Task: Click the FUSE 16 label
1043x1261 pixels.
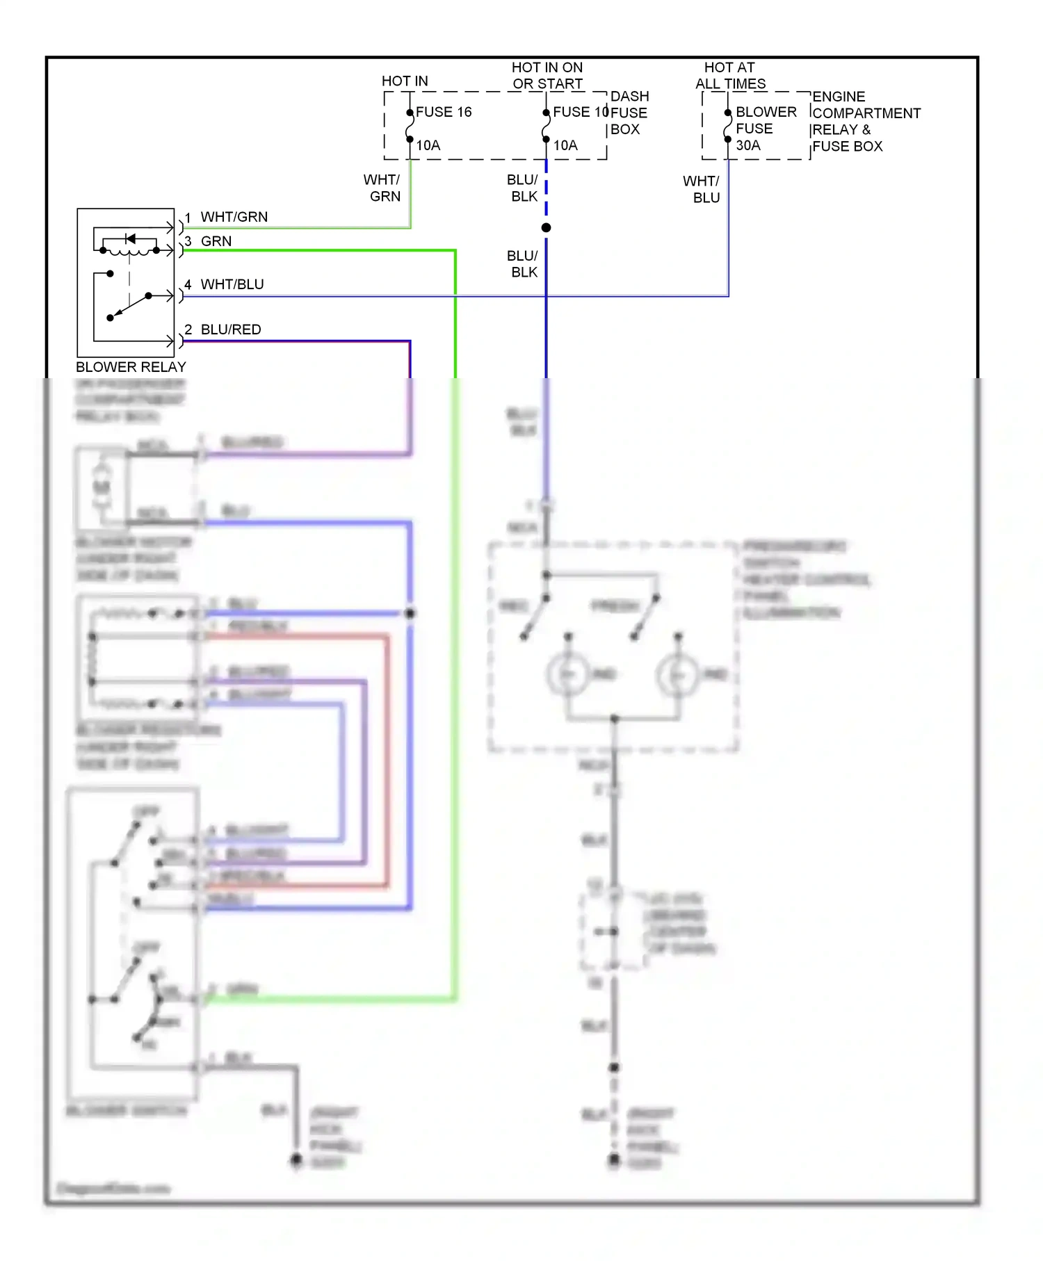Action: coord(444,112)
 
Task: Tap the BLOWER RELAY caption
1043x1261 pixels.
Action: coord(131,367)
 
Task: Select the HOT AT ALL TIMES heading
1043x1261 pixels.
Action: coord(730,76)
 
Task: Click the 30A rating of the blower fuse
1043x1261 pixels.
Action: coord(748,145)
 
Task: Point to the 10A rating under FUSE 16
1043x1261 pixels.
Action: coord(428,145)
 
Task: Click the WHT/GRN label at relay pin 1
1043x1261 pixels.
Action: coord(234,217)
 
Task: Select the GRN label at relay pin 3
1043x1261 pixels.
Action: coord(216,241)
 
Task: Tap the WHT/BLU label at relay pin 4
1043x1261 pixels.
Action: coord(232,284)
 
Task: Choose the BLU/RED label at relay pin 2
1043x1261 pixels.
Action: coord(231,330)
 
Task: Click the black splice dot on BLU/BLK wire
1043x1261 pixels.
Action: coord(546,228)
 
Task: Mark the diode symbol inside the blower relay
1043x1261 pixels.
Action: coord(130,238)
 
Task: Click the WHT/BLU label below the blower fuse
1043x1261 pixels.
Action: coord(702,189)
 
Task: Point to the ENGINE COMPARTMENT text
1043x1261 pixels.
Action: coord(866,105)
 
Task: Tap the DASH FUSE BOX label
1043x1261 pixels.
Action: coord(629,113)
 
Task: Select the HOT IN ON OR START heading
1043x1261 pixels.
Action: coord(547,76)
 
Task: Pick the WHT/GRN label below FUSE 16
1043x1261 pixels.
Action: coord(382,188)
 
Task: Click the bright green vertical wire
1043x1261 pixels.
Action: coord(455,313)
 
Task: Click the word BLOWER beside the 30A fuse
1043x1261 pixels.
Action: coord(766,112)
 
